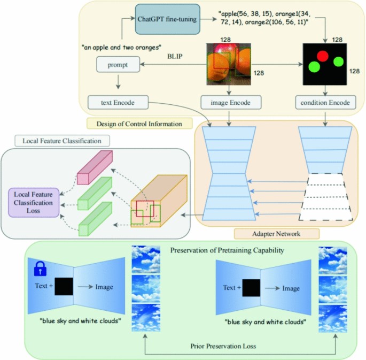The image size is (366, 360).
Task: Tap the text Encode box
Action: pyautogui.click(x=117, y=102)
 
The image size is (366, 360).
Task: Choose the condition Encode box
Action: pyautogui.click(x=325, y=102)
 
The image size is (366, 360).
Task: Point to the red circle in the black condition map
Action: pyautogui.click(x=322, y=56)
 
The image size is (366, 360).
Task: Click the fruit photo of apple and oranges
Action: pyautogui.click(x=229, y=64)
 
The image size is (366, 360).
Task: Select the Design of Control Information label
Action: pyautogui.click(x=139, y=124)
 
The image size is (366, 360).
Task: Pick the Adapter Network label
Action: pyautogui.click(x=276, y=233)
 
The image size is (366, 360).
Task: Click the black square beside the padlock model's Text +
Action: pyautogui.click(x=63, y=287)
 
